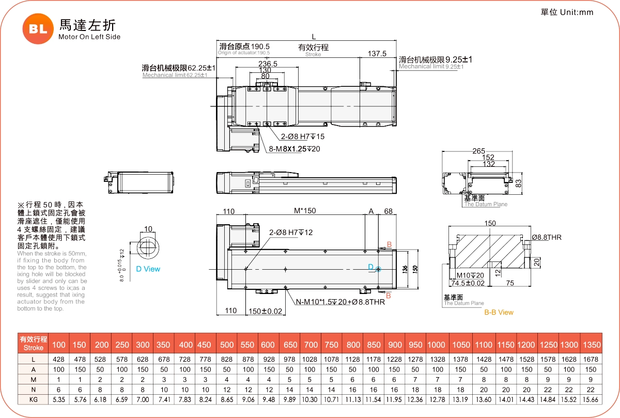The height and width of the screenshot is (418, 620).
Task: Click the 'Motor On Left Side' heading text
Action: [89, 37]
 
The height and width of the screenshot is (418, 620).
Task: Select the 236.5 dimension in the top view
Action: [268, 64]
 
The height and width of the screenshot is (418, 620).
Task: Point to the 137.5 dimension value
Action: [377, 54]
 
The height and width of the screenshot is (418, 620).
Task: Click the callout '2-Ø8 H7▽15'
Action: [303, 137]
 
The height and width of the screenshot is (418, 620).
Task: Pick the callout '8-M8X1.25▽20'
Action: [295, 149]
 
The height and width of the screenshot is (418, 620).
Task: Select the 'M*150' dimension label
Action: [305, 211]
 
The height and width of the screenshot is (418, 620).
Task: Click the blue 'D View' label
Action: [148, 269]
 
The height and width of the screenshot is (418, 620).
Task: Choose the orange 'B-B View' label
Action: [499, 312]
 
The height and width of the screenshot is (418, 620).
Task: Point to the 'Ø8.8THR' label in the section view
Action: [547, 237]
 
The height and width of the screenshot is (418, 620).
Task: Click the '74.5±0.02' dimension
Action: [468, 283]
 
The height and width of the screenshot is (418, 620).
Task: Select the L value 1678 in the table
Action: [591, 359]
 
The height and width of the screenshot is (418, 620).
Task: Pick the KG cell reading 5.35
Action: [59, 399]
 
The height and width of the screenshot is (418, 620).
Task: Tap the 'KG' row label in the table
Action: [33, 399]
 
